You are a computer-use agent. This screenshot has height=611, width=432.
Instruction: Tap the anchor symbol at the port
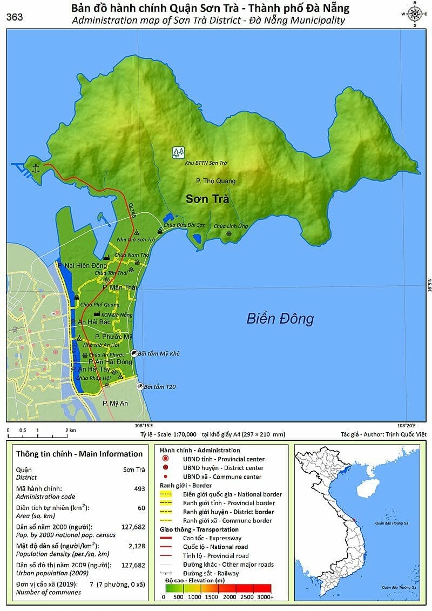pyautogui.click(x=36, y=169)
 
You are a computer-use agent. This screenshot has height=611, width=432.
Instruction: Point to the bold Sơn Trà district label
pyautogui.click(x=207, y=199)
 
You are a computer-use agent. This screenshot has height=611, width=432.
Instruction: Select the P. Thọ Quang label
pyautogui.click(x=215, y=181)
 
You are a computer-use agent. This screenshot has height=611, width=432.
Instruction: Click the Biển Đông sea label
pyautogui.click(x=280, y=318)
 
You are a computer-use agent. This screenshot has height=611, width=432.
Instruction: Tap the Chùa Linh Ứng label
pyautogui.click(x=231, y=226)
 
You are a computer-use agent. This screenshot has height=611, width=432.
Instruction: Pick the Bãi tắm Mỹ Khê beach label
pyautogui.click(x=158, y=353)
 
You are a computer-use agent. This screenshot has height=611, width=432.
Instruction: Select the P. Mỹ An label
pyautogui.click(x=115, y=403)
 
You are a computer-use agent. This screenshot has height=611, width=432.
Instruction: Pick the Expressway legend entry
pyautogui.click(x=202, y=538)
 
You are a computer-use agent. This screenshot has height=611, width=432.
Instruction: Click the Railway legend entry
pyautogui.click(x=202, y=573)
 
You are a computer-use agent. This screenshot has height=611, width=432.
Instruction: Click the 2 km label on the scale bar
pyautogui.click(x=70, y=430)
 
